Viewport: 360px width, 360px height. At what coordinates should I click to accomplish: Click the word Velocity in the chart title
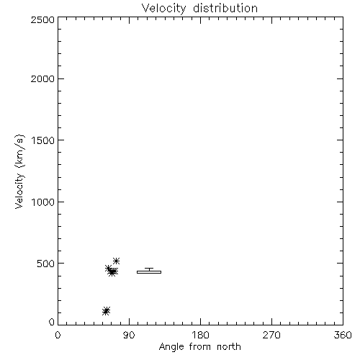pos(164,9)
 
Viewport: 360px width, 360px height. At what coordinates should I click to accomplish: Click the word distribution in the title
pos(225,8)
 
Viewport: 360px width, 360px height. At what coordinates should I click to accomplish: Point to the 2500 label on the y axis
pos(42,19)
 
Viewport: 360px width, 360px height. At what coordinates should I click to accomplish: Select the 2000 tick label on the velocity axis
pos(42,79)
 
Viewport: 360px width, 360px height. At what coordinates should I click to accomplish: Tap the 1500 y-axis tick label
pos(43,140)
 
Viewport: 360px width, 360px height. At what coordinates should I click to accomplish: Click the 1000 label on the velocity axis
pos(43,202)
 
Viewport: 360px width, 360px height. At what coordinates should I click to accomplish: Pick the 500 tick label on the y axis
pos(46,264)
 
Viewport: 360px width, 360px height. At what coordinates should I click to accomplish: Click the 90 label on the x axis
pos(129,335)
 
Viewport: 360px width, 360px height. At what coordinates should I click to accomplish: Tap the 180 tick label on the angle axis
pos(200,335)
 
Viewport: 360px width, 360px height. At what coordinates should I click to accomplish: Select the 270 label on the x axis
pos(271,335)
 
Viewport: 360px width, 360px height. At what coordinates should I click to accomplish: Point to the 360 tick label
pos(343,335)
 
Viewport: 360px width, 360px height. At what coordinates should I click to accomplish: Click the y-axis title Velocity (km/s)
pos(19,171)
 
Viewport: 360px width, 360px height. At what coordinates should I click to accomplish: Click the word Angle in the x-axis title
pos(171,347)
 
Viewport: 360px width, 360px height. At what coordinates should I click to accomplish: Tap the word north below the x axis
pos(229,347)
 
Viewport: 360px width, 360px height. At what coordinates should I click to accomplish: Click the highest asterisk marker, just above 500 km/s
pos(116,261)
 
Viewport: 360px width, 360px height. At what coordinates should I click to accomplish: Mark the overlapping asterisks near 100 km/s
pos(106,311)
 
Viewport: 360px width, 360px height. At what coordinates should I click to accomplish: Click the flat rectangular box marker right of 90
pos(149,272)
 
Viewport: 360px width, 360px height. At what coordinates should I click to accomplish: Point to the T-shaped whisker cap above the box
pos(149,269)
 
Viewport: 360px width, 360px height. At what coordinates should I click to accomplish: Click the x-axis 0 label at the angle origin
pos(58,335)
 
